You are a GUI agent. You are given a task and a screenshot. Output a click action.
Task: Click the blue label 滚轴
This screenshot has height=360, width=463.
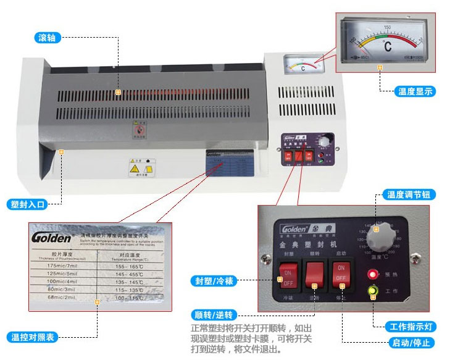click(x=46, y=38)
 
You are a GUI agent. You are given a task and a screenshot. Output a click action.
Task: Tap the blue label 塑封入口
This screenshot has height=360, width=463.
click(x=28, y=204)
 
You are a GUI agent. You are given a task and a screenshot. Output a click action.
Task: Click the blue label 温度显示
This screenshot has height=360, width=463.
click(x=415, y=91)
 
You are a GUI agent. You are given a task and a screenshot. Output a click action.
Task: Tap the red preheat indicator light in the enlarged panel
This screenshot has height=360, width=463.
click(x=372, y=274)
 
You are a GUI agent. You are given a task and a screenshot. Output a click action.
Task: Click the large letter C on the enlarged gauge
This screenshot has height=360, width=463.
click(x=388, y=46)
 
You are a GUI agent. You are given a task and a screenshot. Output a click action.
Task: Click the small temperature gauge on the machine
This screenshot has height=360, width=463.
click(x=302, y=65)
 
